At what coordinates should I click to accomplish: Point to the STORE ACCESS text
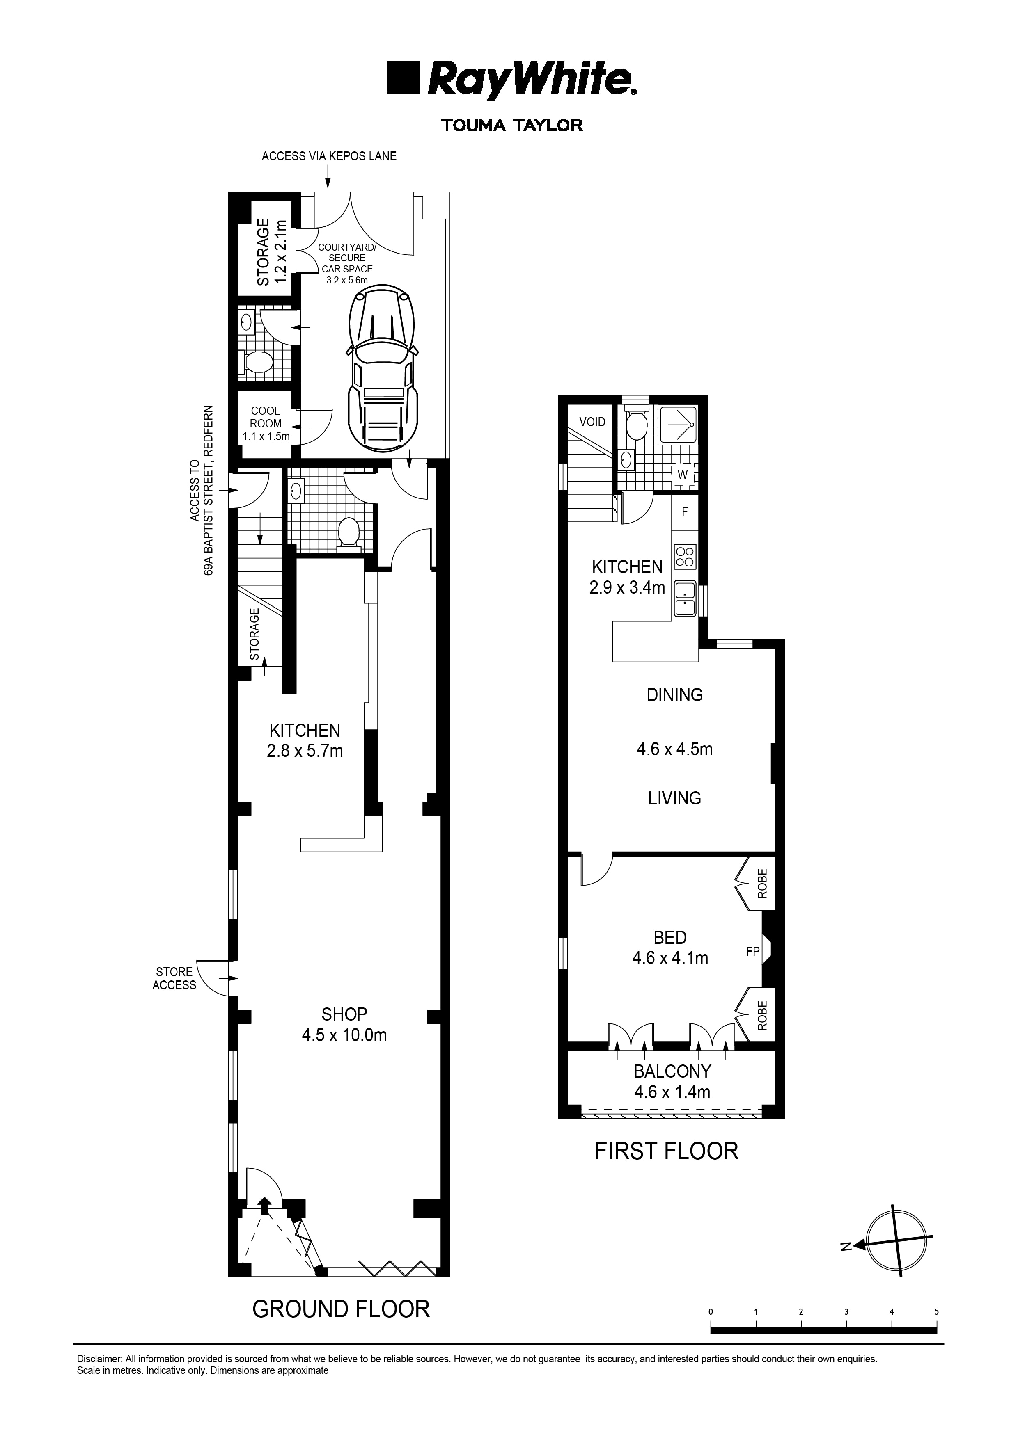pyautogui.click(x=174, y=978)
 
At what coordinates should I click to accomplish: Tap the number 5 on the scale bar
pyautogui.click(x=936, y=1312)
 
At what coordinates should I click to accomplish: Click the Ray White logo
pyautogui.click(x=512, y=80)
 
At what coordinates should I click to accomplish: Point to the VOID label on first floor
pyautogui.click(x=592, y=422)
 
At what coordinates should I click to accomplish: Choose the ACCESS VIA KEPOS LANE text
pyautogui.click(x=329, y=156)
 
